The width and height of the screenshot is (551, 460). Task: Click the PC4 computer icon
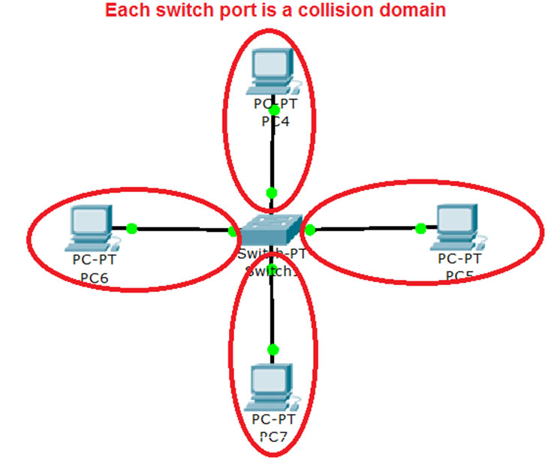[272, 70]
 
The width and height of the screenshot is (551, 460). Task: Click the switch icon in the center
[271, 227]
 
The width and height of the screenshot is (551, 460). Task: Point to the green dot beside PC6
[131, 227]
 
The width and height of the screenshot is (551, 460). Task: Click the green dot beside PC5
[421, 227]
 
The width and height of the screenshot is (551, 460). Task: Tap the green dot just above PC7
[272, 350]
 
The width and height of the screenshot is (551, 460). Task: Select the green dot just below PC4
[274, 110]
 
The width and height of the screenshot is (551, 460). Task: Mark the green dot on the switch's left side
[233, 230]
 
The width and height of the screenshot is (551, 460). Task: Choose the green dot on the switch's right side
[310, 230]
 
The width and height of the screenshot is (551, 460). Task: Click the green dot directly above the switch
[272, 193]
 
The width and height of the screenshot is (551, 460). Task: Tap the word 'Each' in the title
[123, 11]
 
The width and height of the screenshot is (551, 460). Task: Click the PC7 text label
[273, 435]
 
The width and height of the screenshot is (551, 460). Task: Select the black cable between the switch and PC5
[366, 227]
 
